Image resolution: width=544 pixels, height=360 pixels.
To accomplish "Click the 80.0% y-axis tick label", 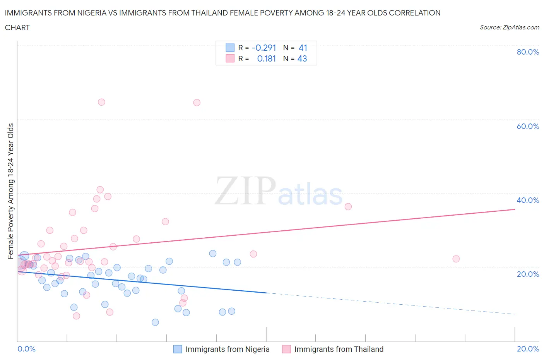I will [527, 52].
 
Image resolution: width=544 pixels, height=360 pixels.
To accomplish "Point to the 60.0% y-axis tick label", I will [527, 126].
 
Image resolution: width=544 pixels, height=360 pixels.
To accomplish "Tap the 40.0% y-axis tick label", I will [527, 200].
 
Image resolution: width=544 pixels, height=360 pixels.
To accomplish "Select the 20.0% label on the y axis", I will [527, 274].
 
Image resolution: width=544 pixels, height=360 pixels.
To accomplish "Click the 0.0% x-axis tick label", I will [26, 349].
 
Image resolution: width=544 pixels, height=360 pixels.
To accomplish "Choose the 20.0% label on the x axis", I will [527, 349].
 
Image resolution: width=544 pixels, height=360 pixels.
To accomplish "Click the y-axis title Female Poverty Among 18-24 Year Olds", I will [10, 191].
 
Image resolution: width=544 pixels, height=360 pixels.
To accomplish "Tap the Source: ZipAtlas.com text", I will [509, 27].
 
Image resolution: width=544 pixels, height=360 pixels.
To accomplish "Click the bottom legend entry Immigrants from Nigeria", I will [227, 349].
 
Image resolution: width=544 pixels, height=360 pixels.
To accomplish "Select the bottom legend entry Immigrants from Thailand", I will [339, 349].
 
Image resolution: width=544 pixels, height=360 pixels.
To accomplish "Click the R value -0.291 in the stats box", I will [263, 48].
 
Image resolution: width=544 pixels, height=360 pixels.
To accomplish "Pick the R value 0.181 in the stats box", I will [266, 58].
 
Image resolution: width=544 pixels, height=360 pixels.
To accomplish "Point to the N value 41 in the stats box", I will [303, 48].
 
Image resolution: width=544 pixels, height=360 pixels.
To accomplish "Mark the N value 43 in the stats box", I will [302, 58].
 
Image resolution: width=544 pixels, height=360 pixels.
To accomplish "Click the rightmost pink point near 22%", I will [456, 259].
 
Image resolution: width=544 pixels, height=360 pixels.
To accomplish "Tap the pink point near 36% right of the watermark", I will [348, 207].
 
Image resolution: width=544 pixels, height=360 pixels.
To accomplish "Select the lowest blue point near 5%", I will [155, 322].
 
